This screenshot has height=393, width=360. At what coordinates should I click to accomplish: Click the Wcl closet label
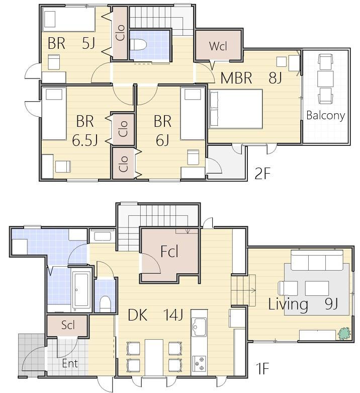click(x=218, y=46)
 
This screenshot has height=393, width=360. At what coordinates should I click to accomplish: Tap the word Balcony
click(x=325, y=115)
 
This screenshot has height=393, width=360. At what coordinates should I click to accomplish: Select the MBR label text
click(x=236, y=78)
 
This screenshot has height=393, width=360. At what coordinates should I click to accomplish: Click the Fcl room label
click(x=169, y=252)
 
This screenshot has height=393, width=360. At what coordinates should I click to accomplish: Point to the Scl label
click(x=68, y=325)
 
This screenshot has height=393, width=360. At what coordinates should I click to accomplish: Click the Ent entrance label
click(x=70, y=363)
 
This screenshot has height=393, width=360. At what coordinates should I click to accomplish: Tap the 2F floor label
click(x=262, y=174)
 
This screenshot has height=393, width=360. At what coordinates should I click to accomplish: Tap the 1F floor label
click(x=262, y=369)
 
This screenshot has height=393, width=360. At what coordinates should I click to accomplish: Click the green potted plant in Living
click(x=344, y=333)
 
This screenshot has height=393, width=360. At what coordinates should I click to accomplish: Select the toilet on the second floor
click(x=138, y=45)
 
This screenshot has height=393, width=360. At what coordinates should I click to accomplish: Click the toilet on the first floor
click(x=105, y=304)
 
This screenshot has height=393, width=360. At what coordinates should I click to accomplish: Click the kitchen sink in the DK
click(x=199, y=327)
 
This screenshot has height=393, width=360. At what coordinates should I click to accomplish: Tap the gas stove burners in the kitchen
click(x=199, y=363)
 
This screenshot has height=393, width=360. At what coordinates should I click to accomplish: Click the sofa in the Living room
click(x=317, y=260)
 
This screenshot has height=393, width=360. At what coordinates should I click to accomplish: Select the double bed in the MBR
click(x=236, y=109)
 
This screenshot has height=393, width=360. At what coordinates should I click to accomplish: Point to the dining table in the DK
click(x=154, y=357)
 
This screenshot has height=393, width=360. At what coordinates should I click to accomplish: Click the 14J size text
click(x=173, y=315)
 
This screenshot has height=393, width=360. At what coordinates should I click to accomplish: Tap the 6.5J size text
click(x=84, y=140)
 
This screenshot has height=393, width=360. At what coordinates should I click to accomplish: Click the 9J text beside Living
click(x=331, y=304)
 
